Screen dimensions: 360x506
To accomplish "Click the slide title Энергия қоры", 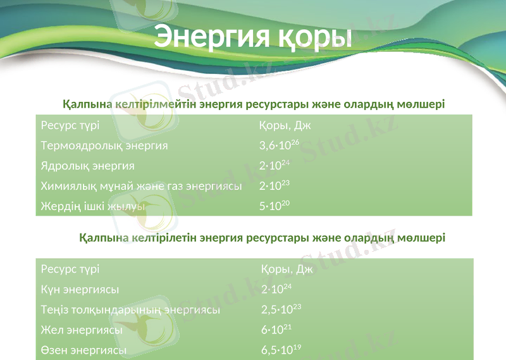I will (253, 37).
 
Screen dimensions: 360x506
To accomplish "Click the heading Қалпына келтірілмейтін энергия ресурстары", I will (254, 104).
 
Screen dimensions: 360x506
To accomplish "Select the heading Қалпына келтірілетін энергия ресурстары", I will (262, 238).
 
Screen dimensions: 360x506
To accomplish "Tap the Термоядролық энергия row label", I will (104, 146).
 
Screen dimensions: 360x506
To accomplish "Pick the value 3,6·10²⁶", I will (279, 146).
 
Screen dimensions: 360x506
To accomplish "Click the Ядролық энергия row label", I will (88, 166).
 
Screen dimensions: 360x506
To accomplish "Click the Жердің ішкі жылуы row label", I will (92, 206).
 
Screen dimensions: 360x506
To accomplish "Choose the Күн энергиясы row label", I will (80, 289).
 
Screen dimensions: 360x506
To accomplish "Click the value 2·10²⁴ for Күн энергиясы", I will (276, 289).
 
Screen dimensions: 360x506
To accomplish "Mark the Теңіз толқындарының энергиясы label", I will (130, 310).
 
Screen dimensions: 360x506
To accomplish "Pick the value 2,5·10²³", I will (281, 310).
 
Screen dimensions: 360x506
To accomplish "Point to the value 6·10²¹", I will (276, 330).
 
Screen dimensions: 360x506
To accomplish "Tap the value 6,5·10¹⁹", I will (281, 350).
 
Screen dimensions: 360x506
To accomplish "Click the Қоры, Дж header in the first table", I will (285, 125).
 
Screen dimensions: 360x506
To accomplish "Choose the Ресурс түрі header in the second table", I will (70, 269).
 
